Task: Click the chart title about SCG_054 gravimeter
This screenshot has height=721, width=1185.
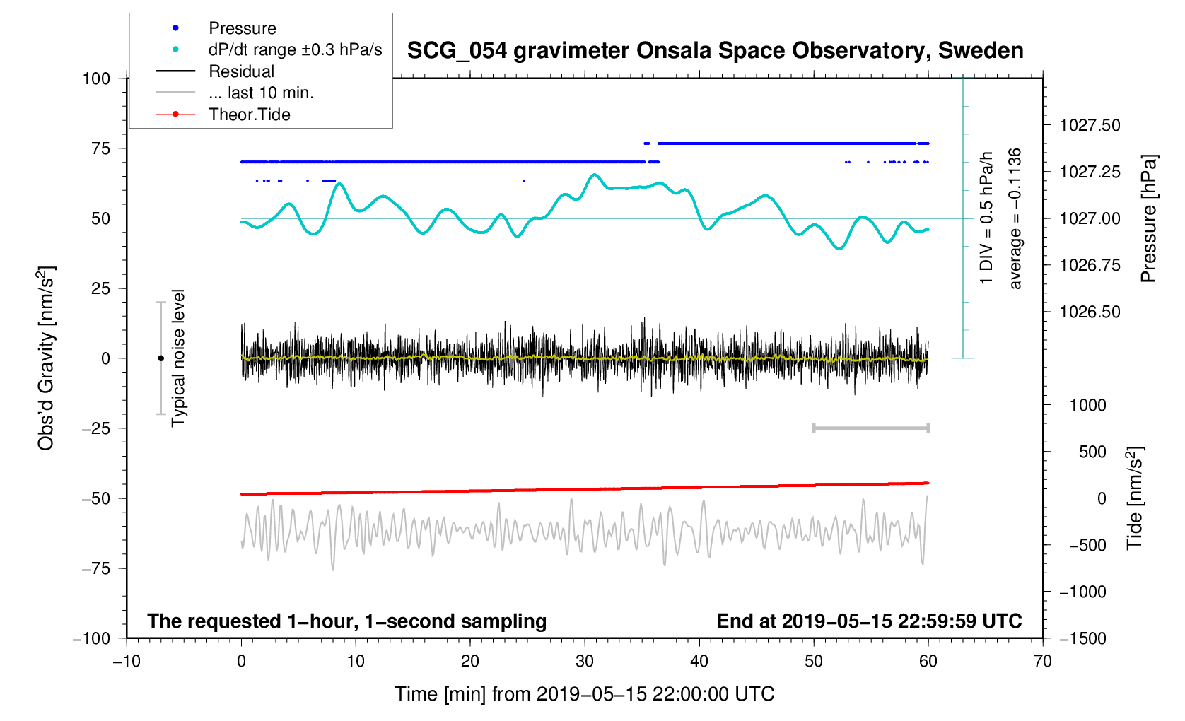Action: click(715, 51)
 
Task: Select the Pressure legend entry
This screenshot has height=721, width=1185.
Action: click(242, 28)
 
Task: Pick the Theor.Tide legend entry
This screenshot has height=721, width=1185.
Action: click(249, 115)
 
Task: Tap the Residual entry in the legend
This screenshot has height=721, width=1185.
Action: click(241, 71)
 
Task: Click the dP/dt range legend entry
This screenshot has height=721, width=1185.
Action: click(295, 49)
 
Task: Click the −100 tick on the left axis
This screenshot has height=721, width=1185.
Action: click(91, 638)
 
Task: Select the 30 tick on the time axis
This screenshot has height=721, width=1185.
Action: click(585, 662)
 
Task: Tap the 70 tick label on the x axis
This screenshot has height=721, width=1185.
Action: click(1042, 662)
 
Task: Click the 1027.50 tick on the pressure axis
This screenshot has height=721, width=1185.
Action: click(1090, 126)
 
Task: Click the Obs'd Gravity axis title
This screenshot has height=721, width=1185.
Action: click(46, 358)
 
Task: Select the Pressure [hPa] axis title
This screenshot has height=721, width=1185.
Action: click(1148, 219)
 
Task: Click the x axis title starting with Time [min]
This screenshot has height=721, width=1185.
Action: click(584, 694)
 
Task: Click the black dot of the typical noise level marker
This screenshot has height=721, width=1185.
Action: click(160, 358)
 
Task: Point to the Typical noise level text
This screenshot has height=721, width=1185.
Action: click(178, 358)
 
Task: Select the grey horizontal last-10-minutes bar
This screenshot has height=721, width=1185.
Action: click(870, 428)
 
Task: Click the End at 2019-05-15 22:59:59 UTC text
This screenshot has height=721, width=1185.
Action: click(869, 621)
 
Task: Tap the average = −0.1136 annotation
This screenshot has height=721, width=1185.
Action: click(1015, 219)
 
